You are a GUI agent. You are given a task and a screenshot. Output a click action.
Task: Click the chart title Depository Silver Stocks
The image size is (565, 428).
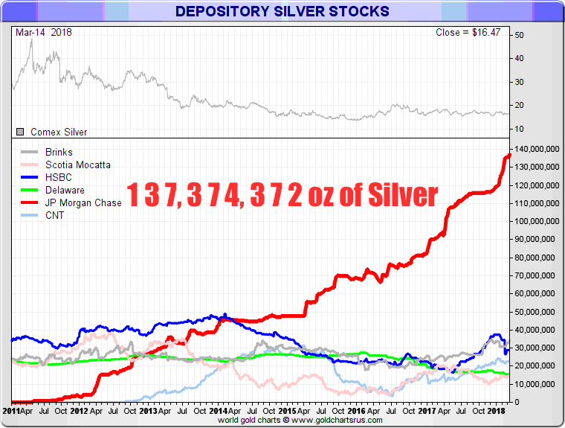282,11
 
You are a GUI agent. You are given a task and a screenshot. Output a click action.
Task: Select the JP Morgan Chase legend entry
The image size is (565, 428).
83,202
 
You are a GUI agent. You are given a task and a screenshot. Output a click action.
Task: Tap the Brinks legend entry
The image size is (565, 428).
59,152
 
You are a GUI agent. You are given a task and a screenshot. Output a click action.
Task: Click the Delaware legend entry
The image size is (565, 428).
65,190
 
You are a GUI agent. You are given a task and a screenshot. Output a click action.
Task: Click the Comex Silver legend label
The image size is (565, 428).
59,132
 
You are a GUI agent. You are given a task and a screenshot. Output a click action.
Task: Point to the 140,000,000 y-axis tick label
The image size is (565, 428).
535,149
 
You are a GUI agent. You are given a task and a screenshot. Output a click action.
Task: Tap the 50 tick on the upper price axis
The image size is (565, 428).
519,35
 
